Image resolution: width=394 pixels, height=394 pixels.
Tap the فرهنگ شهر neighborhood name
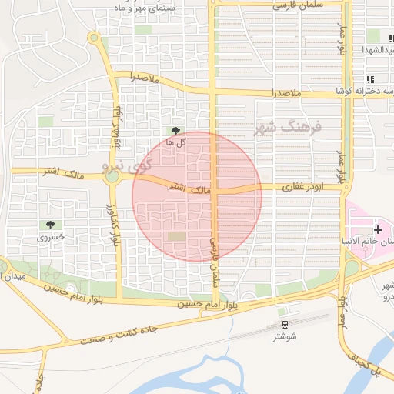pyautogui.click(x=288, y=127)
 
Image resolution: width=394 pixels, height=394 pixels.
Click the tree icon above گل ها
pyautogui.click(x=177, y=130)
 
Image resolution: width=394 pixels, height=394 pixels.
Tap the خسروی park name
pyautogui.click(x=52, y=238)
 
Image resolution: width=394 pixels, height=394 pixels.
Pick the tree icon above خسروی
pyautogui.click(x=50, y=225)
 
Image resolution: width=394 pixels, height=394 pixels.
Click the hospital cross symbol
pyautogui.click(x=378, y=229)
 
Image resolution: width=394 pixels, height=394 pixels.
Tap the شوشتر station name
pyautogui.click(x=285, y=336)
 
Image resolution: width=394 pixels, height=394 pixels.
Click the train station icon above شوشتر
pyautogui.click(x=285, y=325)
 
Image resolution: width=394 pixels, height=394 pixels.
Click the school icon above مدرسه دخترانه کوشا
pyautogui.click(x=371, y=78)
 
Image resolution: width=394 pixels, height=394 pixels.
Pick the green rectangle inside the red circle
pyautogui.click(x=177, y=235)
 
